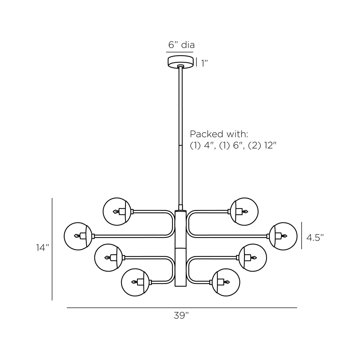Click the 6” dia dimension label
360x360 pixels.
click(181, 45)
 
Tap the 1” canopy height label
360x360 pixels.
click(204, 63)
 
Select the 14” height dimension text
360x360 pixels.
click(42, 248)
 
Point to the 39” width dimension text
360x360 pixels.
click(181, 316)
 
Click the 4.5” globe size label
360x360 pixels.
click(315, 238)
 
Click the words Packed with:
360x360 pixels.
click(219, 134)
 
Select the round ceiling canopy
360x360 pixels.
click(181, 62)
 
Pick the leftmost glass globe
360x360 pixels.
click(78, 236)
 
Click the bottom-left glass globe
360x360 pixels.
click(135, 282)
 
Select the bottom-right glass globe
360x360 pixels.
click(226, 282)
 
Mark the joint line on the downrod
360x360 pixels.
click(181, 146)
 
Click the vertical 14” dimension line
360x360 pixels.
click(52, 249)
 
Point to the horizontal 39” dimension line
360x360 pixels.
click(182, 308)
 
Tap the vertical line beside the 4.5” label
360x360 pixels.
click(302, 236)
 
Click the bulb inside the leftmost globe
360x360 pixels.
click(77, 236)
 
